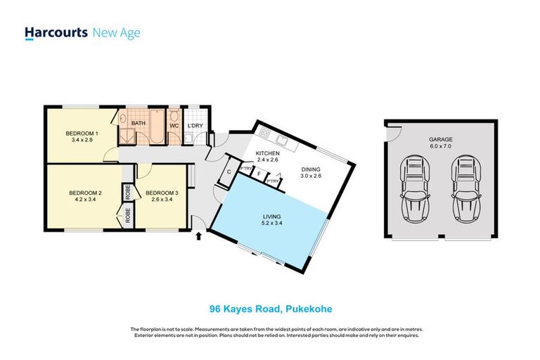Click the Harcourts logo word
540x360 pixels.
[56, 32]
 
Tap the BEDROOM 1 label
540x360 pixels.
[82, 134]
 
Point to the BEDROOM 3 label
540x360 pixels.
[160, 192]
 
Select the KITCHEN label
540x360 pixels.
[267, 153]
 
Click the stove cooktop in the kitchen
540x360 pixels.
[264, 132]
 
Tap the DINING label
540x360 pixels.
[311, 169]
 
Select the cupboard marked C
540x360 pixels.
[229, 171]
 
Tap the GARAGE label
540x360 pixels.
[441, 139]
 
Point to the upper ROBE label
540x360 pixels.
[128, 191]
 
